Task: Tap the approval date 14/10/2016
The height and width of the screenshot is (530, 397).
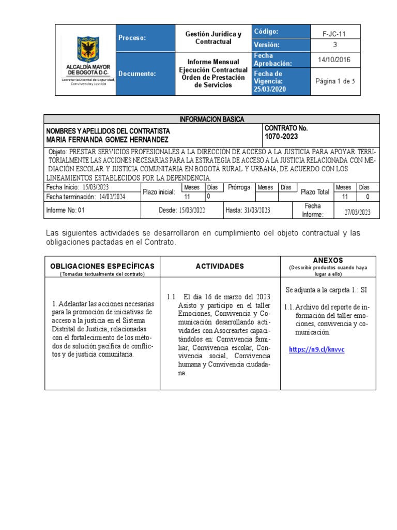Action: point(333,60)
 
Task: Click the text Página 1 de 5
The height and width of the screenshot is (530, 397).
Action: point(334,81)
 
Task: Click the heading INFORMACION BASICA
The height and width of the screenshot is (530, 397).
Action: point(212,119)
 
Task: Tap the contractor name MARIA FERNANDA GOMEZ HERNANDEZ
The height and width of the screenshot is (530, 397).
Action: point(108,140)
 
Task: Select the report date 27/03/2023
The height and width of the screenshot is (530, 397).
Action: point(357,213)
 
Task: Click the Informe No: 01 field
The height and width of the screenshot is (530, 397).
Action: point(65,210)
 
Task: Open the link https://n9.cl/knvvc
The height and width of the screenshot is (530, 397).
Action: point(316,349)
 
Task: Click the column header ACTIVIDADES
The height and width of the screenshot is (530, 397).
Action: point(220,266)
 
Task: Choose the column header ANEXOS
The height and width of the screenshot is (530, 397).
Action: point(328,260)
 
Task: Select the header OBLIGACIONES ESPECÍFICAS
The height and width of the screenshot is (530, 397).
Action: point(102,266)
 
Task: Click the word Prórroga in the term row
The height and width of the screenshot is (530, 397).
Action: point(239,187)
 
